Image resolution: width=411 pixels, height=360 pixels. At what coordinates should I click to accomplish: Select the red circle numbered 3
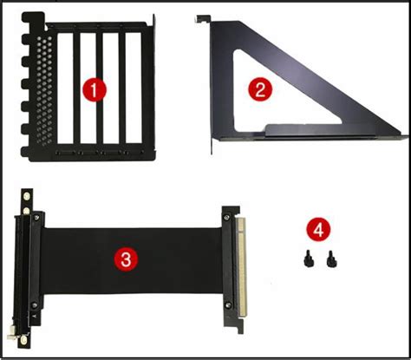(x=126, y=258)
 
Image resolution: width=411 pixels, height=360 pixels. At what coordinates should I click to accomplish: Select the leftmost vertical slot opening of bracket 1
(x=64, y=90)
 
